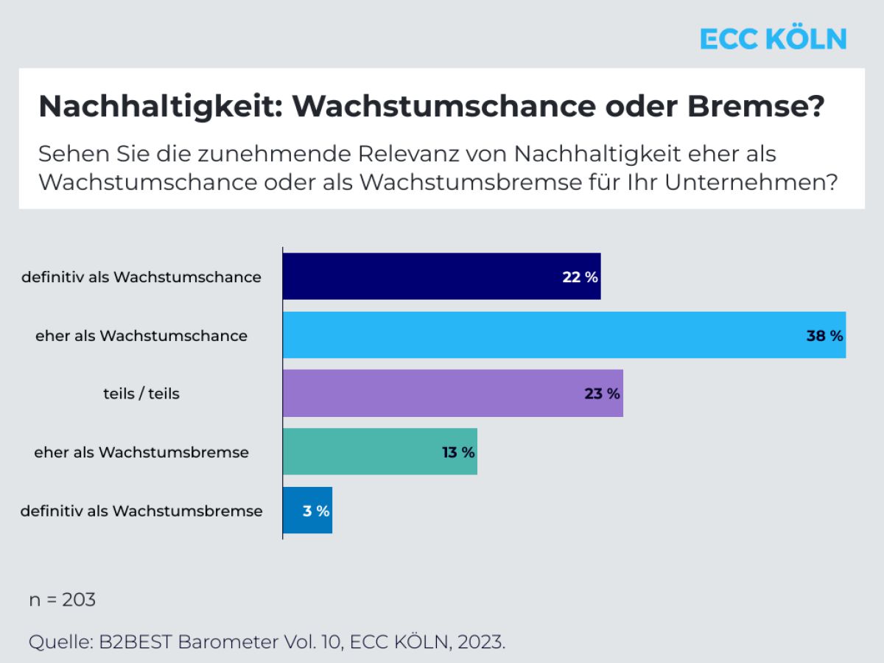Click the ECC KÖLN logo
click(x=773, y=39)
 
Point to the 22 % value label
click(x=580, y=277)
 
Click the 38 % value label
click(x=824, y=336)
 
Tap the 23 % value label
click(x=602, y=394)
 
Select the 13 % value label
click(x=458, y=452)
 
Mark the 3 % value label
click(x=316, y=511)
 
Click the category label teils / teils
click(x=141, y=393)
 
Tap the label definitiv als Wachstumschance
click(x=141, y=277)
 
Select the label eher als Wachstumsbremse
click(x=141, y=452)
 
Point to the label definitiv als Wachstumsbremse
click(x=141, y=511)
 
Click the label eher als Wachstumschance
click(x=141, y=336)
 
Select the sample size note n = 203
click(x=63, y=600)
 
